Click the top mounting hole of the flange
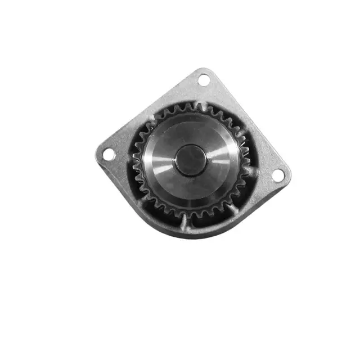click(x=204, y=80)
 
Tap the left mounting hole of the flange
click(x=109, y=154)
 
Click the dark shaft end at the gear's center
click(x=191, y=159)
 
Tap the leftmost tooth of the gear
click(x=136, y=159)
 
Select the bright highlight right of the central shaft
click(x=219, y=160)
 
